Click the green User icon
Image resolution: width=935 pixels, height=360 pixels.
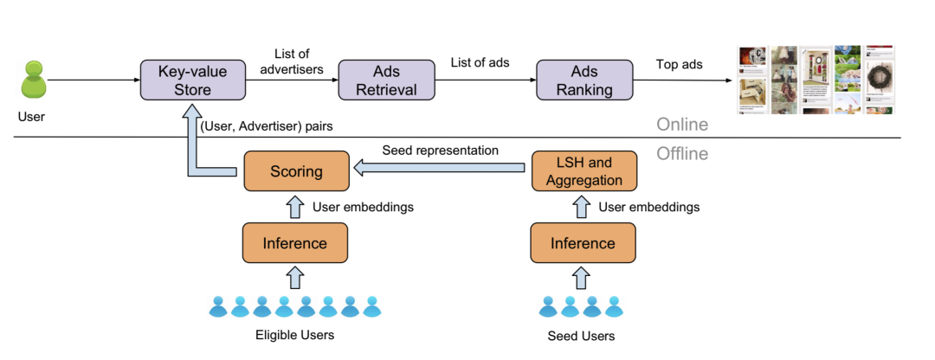click(33, 80)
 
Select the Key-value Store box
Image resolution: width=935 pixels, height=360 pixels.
click(192, 80)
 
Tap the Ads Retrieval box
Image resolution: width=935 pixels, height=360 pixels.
click(386, 80)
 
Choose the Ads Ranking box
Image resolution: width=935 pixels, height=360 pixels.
click(585, 80)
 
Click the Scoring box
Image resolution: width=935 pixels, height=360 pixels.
click(296, 171)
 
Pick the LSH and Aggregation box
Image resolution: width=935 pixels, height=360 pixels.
click(584, 171)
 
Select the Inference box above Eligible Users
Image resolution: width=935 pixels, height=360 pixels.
click(295, 243)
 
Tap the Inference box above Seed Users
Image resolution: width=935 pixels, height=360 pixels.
click(583, 243)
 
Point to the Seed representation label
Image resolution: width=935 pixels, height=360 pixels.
click(440, 150)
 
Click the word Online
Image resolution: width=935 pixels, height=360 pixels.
click(681, 125)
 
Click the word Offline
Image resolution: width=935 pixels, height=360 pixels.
click(682, 154)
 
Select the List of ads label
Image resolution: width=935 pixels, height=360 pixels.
click(480, 62)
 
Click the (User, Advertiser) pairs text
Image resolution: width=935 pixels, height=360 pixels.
click(266, 127)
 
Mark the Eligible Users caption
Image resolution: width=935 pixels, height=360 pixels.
click(294, 335)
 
